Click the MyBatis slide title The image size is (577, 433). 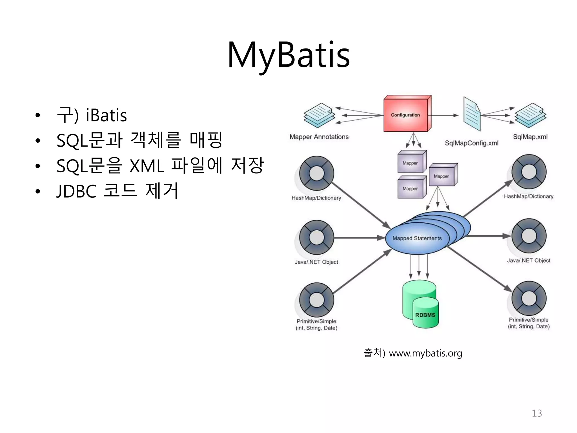point(288,55)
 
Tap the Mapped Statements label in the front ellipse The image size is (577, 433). point(417,238)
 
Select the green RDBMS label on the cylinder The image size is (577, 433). point(425,315)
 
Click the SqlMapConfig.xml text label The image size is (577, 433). point(471,143)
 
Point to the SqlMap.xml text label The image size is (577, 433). point(530,137)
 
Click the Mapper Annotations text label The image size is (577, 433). point(319,137)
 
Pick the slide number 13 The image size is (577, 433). point(537,413)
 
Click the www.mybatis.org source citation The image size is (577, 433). point(425,353)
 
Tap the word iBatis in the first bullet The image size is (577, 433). point(106,116)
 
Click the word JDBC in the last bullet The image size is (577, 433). point(76,191)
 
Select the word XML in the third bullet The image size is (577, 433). point(147,166)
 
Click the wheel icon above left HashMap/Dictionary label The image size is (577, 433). point(316,173)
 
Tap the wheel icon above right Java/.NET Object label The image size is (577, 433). point(529,236)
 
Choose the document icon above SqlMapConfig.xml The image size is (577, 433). point(472,114)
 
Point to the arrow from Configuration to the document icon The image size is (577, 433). point(444,115)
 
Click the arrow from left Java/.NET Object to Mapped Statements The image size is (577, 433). point(359,238)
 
